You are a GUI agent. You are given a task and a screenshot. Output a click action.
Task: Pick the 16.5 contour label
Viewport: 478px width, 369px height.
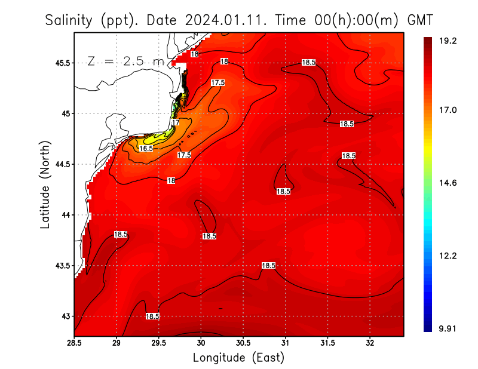pyautogui.click(x=146, y=148)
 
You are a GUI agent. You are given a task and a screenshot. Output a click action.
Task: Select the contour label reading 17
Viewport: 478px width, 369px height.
pyautogui.click(x=175, y=122)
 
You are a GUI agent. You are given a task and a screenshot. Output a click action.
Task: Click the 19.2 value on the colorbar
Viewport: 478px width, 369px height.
pyautogui.click(x=448, y=41)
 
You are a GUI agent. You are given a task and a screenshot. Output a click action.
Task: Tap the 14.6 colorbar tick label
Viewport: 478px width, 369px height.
pyautogui.click(x=448, y=183)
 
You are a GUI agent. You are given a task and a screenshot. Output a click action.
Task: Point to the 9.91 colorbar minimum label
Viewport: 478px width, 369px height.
pyautogui.click(x=448, y=328)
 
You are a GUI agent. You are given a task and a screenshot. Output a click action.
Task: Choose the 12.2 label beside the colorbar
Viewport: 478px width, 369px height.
pyautogui.click(x=448, y=256)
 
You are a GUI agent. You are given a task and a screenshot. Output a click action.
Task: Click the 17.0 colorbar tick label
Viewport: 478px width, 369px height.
pyautogui.click(x=448, y=110)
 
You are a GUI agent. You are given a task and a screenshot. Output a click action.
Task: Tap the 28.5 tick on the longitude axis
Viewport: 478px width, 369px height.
pyautogui.click(x=75, y=342)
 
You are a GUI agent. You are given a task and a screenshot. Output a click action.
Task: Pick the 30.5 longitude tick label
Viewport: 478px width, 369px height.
pyautogui.click(x=243, y=342)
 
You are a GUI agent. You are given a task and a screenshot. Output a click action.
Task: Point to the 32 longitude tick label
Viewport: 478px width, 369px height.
pyautogui.click(x=370, y=342)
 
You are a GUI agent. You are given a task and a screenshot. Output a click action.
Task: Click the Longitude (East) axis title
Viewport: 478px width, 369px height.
pyautogui.click(x=238, y=357)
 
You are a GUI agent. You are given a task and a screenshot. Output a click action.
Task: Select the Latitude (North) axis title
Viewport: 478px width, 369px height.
pyautogui.click(x=45, y=184)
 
